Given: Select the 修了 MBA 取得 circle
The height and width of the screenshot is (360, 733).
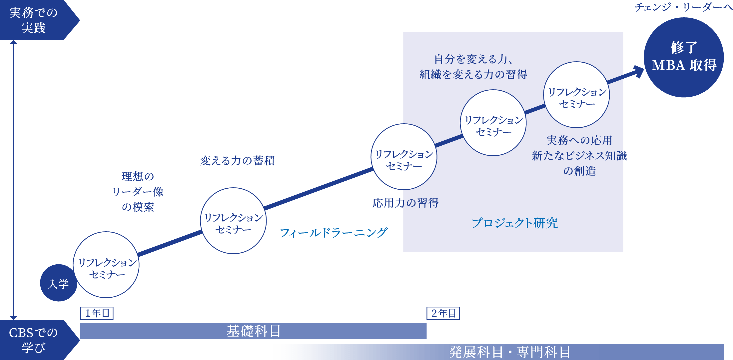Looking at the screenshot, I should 683,57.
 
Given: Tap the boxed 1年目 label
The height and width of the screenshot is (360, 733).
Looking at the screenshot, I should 97,313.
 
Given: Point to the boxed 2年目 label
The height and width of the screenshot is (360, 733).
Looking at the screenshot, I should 443,313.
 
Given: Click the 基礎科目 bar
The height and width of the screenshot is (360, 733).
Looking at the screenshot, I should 253,331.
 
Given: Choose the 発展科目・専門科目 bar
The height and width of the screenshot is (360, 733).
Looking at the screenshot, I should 510,352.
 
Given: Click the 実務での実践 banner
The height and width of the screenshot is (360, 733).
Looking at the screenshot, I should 33,20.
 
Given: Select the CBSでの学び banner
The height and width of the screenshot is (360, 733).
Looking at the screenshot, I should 33,340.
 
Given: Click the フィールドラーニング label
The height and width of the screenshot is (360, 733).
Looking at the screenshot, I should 333,233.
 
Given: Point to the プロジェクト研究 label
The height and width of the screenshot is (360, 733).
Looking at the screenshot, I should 514,223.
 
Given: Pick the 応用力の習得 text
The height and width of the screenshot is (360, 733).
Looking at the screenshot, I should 405,203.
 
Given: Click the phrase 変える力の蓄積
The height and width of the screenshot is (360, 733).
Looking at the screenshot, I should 237,161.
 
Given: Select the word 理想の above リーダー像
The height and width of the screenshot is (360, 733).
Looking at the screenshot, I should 138,176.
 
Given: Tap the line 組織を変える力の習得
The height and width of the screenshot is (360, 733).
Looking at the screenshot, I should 473,74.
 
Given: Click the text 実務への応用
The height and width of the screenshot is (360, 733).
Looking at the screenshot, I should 579,140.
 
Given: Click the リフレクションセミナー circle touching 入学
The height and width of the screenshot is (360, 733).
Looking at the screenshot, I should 106,265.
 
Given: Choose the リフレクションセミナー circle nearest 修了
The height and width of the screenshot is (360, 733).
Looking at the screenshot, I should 576,95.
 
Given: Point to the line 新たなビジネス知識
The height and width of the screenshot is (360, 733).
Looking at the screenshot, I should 579,156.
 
